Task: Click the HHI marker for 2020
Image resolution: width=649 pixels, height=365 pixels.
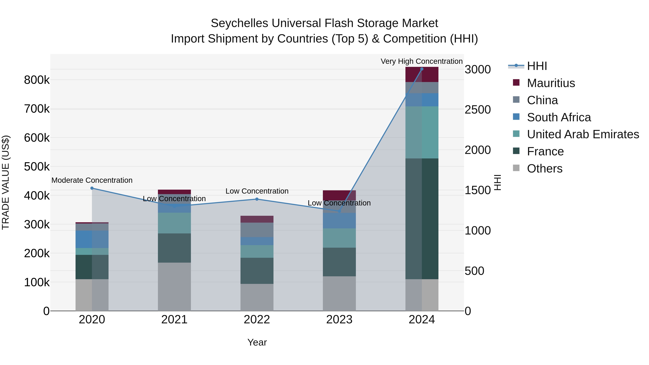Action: point(92,188)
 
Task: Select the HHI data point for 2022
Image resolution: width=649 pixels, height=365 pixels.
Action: point(257,199)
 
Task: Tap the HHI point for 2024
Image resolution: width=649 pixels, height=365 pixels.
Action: point(422,69)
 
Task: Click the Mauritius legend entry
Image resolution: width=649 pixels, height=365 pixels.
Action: point(551,83)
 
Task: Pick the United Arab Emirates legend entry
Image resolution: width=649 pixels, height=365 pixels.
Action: point(583,134)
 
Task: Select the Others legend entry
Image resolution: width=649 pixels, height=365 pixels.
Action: point(544,169)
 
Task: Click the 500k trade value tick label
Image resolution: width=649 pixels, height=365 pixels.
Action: point(37,167)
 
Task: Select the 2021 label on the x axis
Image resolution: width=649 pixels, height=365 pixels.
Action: point(174,320)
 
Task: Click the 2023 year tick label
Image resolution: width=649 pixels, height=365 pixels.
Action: point(339,320)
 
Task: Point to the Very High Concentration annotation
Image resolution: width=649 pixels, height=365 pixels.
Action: point(421,61)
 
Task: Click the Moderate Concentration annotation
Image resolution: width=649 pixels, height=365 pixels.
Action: point(92,180)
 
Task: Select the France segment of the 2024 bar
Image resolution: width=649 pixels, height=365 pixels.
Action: point(422,219)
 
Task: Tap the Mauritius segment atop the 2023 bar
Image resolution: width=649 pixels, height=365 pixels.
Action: point(339,195)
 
